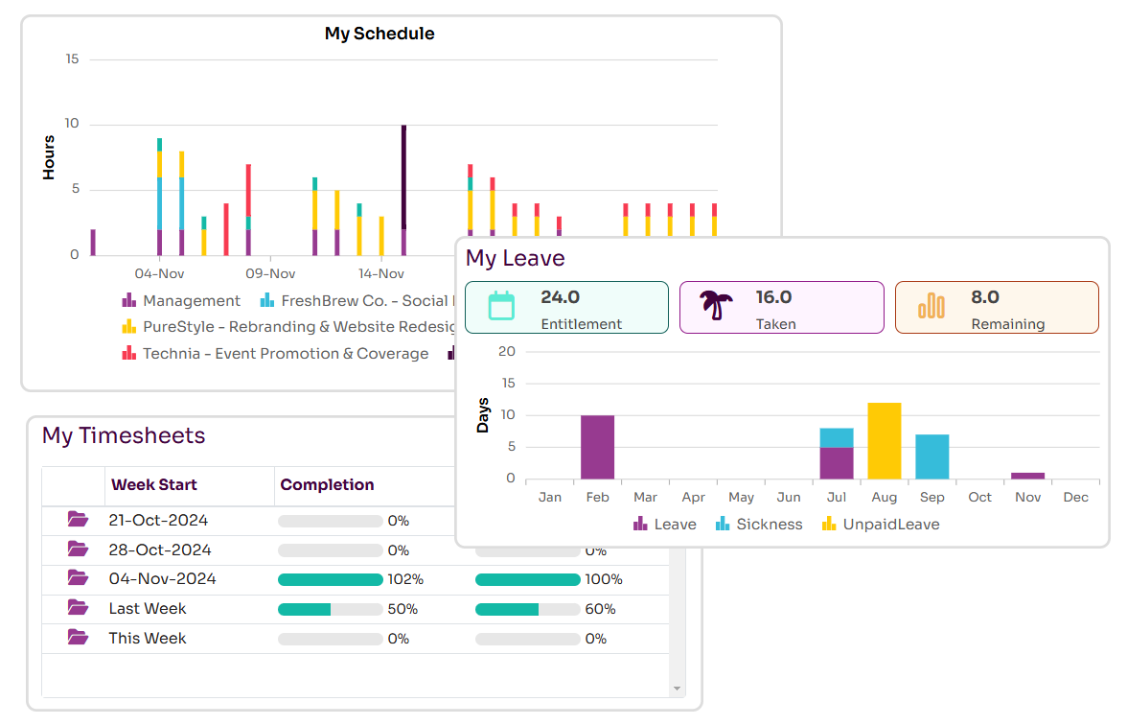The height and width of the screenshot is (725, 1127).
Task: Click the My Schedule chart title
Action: [379, 34]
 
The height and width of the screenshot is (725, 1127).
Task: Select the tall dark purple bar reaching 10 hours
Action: [403, 177]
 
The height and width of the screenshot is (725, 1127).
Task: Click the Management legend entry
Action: [182, 301]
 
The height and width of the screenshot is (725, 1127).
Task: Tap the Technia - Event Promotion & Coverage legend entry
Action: [276, 354]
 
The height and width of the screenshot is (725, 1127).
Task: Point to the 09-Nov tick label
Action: [270, 273]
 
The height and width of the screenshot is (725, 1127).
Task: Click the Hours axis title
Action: [49, 157]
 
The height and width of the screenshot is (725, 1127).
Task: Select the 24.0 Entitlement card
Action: [566, 307]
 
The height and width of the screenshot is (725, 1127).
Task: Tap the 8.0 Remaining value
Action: [985, 297]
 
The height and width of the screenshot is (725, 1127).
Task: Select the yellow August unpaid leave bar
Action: [885, 441]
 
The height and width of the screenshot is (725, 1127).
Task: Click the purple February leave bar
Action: [597, 447]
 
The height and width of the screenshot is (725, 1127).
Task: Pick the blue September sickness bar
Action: [931, 456]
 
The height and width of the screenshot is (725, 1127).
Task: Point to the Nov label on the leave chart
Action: [1027, 497]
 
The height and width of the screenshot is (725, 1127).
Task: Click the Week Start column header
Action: [154, 484]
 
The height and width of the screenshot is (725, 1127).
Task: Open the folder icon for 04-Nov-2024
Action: [78, 578]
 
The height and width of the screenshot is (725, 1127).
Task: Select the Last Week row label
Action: [148, 609]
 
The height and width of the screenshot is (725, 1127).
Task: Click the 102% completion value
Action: [405, 579]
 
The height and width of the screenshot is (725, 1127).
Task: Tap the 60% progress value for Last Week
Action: [600, 609]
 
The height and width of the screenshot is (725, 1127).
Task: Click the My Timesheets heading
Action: [124, 435]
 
